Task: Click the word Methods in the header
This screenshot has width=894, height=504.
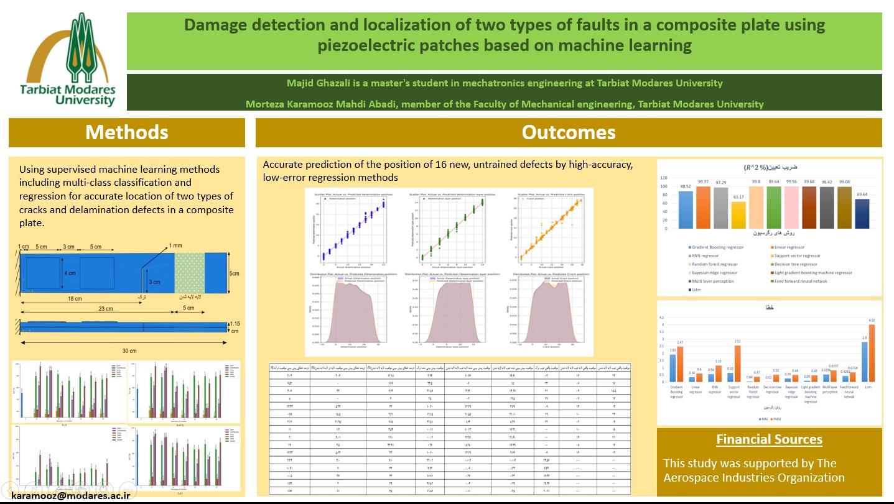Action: [127, 132]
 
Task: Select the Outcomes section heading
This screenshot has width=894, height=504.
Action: [568, 132]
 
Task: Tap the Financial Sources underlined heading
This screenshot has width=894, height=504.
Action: [769, 439]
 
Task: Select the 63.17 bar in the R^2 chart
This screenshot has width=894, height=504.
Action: [738, 215]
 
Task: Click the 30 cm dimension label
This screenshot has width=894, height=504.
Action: [129, 351]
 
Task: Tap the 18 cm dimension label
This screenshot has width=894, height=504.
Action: [75, 299]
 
